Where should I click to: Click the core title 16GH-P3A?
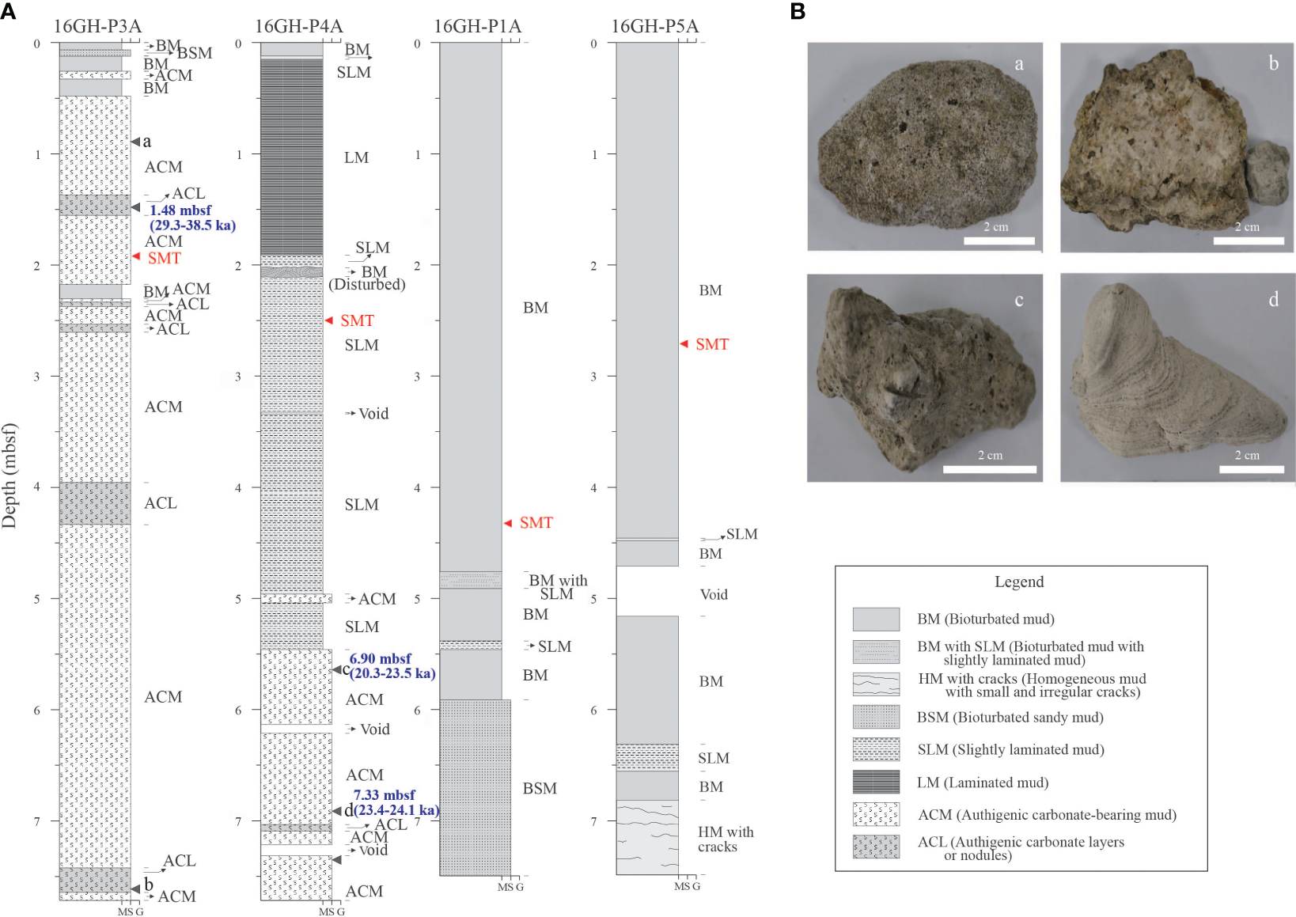(97, 26)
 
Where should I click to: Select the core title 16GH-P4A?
(298, 26)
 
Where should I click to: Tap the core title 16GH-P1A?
(477, 26)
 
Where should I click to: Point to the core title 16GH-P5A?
(654, 26)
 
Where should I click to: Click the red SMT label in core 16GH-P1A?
(536, 522)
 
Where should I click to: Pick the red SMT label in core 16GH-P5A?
(711, 344)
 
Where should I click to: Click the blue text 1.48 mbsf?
(180, 210)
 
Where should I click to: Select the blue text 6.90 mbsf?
(380, 658)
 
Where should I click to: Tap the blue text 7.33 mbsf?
(384, 795)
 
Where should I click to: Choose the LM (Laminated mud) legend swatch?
(876, 782)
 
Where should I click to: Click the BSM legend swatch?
(876, 717)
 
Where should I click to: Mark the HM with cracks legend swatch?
(876, 684)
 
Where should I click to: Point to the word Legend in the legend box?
(1019, 582)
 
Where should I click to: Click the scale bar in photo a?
(999, 241)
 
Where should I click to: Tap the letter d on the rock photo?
(1273, 299)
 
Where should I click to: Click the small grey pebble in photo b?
(1268, 174)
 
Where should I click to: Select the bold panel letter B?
(798, 11)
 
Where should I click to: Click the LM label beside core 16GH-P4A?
(356, 157)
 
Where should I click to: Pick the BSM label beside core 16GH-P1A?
(540, 788)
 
